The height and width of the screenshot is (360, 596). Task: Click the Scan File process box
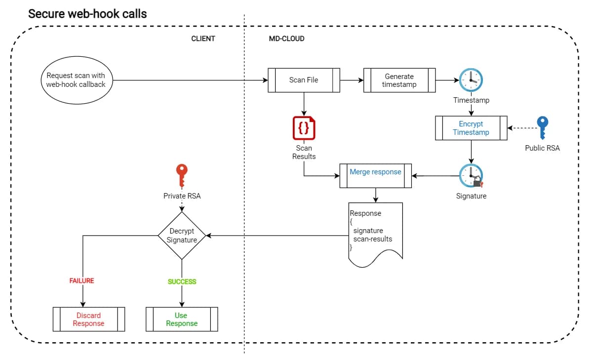(x=304, y=80)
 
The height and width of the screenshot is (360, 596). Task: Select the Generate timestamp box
(x=399, y=80)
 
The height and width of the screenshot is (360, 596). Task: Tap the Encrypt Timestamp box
(x=471, y=128)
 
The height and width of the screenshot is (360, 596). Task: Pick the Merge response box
(x=375, y=175)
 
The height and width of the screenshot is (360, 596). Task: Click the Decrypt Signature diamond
(x=182, y=236)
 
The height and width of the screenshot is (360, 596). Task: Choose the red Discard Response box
(x=88, y=319)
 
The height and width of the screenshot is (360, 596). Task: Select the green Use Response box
(x=182, y=319)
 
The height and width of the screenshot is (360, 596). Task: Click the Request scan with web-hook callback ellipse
(x=76, y=80)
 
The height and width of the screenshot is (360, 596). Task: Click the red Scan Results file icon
(x=304, y=128)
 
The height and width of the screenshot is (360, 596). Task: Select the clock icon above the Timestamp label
(x=471, y=80)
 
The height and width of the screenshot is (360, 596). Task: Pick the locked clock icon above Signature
(x=471, y=176)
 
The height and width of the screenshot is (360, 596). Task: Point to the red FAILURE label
(x=81, y=281)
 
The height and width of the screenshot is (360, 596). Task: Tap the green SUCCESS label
(x=182, y=281)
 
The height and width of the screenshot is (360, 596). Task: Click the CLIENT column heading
(x=203, y=39)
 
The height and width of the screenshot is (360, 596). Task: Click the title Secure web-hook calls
(x=87, y=13)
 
